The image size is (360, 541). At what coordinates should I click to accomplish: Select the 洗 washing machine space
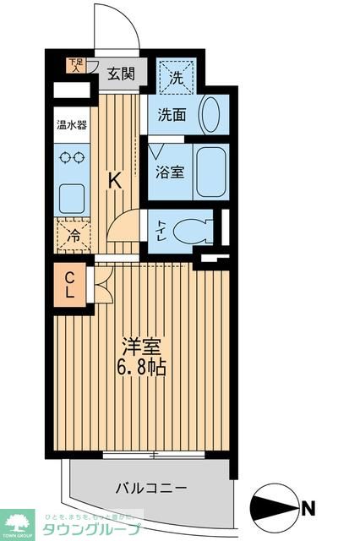pyautogui.click(x=177, y=76)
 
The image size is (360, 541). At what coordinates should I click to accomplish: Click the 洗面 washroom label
pyautogui.click(x=173, y=115)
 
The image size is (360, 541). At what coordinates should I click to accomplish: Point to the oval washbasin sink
pyautogui.click(x=211, y=113)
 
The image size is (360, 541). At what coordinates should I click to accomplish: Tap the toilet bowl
pyautogui.click(x=199, y=229)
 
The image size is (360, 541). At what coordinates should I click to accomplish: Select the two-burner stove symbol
pyautogui.click(x=70, y=157)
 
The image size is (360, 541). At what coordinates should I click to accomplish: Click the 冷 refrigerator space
pyautogui.click(x=74, y=236)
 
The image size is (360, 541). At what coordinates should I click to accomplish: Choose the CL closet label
pyautogui.click(x=72, y=285)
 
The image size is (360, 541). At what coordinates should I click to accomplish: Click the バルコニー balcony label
pyautogui.click(x=152, y=488)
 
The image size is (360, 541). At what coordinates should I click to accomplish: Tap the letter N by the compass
pyautogui.click(x=309, y=508)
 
